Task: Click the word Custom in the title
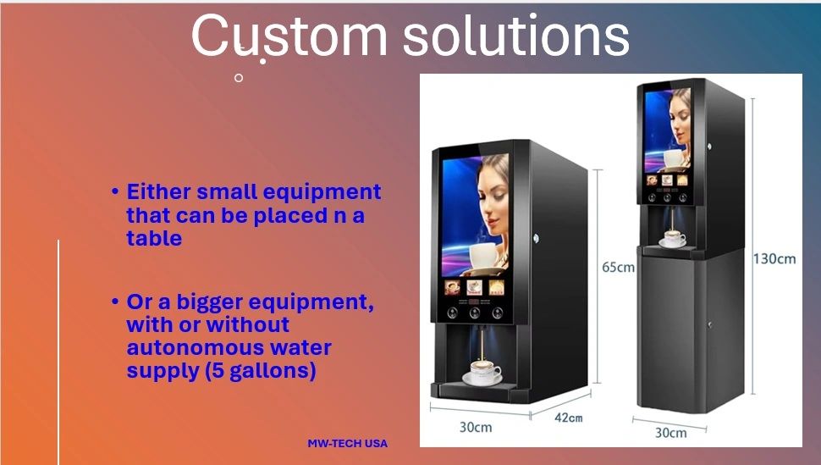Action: coord(289,35)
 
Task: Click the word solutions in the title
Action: coord(516,35)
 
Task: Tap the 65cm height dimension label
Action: coord(619,268)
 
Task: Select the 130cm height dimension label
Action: coord(774,258)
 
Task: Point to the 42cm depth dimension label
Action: coord(569,418)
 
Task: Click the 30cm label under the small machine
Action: coord(476,427)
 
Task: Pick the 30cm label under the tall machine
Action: coord(670,433)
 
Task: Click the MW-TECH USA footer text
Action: coord(348,443)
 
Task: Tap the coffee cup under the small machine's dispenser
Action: coord(482,372)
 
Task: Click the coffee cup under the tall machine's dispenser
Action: coord(674,239)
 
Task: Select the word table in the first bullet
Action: coord(154,239)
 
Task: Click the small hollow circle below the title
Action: coord(239,78)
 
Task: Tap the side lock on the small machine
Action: coord(536,239)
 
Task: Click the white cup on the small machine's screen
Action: coord(488,256)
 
